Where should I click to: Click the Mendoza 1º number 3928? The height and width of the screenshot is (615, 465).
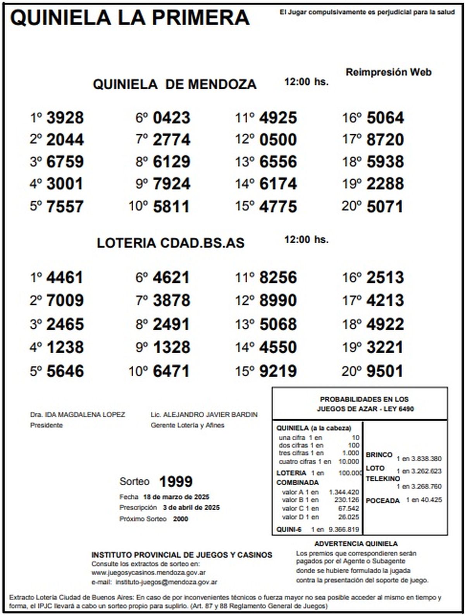(x=65, y=118)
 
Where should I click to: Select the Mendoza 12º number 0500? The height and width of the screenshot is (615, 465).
(x=278, y=140)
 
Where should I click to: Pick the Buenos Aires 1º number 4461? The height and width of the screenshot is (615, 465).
(x=65, y=278)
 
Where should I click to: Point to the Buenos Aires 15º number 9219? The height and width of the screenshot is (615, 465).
(x=278, y=371)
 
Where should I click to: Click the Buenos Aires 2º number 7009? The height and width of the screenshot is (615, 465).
(x=65, y=301)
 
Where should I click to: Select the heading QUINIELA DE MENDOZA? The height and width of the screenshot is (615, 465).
(x=174, y=84)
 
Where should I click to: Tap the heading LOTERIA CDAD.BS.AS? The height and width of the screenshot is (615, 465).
(x=170, y=243)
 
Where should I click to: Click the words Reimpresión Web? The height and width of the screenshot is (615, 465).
(x=388, y=72)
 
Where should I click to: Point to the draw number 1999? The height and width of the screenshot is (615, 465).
(x=176, y=481)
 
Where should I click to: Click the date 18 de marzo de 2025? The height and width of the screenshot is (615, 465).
(x=176, y=497)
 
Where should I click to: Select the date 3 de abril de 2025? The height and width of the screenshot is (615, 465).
(x=191, y=507)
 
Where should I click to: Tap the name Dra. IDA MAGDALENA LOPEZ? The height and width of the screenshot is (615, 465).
(x=77, y=414)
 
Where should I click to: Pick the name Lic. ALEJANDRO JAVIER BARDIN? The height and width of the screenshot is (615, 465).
(x=204, y=414)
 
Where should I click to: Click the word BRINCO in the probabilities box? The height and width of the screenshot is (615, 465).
(x=379, y=455)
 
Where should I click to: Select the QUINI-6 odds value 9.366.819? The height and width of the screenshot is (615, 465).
(x=344, y=529)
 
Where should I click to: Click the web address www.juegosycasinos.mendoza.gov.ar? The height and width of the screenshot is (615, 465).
(x=148, y=572)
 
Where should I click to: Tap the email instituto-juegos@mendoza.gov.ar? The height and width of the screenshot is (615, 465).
(x=166, y=582)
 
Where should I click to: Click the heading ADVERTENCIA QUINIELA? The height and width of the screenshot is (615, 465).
(x=356, y=544)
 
